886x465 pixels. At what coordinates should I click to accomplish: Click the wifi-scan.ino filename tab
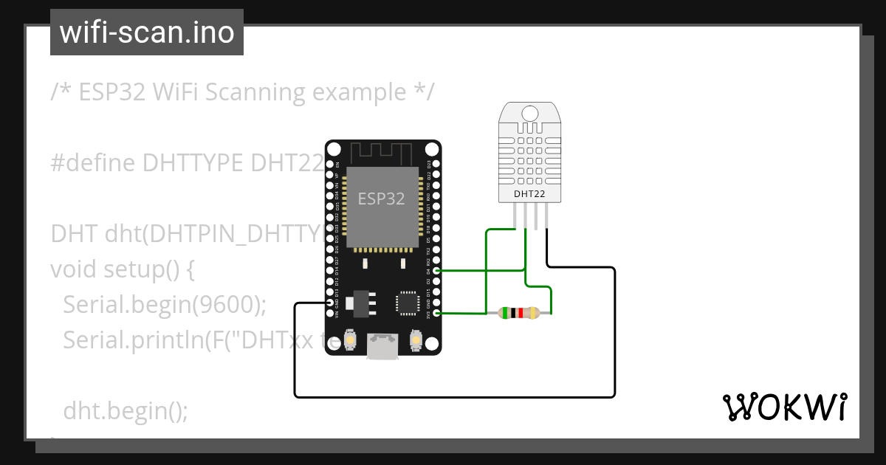click(x=147, y=32)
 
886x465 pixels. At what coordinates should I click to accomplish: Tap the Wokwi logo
click(x=783, y=407)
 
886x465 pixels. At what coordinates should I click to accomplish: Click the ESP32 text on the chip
click(x=381, y=199)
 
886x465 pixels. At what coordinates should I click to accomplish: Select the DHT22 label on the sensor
click(x=530, y=194)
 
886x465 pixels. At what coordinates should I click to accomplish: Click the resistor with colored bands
click(x=520, y=313)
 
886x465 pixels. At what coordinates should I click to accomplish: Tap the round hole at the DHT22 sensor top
click(x=530, y=113)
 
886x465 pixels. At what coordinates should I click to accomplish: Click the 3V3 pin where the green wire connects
click(x=437, y=314)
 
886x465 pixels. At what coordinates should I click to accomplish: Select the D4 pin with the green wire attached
click(x=437, y=271)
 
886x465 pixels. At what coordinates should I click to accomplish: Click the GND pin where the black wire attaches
click(x=329, y=303)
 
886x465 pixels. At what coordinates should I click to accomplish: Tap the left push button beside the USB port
click(x=351, y=341)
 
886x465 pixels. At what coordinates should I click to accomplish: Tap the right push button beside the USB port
click(x=415, y=341)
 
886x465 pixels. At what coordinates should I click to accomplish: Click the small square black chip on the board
click(x=408, y=303)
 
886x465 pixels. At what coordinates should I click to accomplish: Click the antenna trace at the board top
click(x=382, y=154)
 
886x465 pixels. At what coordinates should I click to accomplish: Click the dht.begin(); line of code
click(x=126, y=410)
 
